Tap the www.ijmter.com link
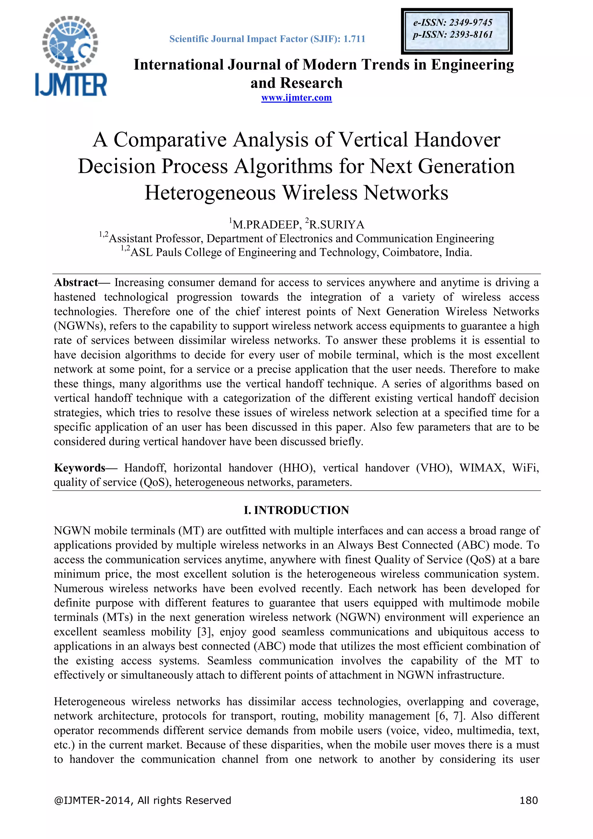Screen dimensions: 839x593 click(x=296, y=98)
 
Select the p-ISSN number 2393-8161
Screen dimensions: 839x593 click(x=471, y=35)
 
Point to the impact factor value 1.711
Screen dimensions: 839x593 click(x=354, y=39)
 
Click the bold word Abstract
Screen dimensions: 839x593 click(x=76, y=282)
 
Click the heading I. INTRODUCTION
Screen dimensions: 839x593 click(x=296, y=510)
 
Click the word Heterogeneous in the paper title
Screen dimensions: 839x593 click(x=210, y=193)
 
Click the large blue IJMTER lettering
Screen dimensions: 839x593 click(x=71, y=85)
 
